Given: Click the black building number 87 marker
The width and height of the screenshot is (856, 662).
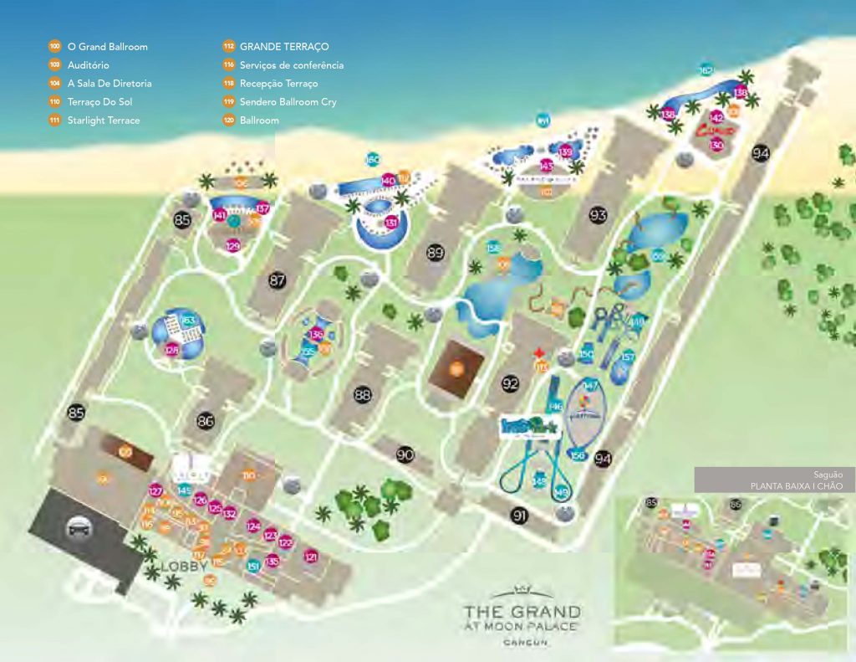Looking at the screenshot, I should point(278,281).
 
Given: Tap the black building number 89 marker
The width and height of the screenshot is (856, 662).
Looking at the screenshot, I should point(435,253).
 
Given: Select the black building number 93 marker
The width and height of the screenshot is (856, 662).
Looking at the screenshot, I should point(598,216).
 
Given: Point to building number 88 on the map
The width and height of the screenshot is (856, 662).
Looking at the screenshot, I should point(362,394).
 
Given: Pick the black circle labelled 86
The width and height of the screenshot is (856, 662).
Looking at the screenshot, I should point(206,421).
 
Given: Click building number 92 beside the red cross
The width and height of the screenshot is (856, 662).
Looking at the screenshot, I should point(511,384).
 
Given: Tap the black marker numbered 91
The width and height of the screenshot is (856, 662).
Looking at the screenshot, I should point(520,516).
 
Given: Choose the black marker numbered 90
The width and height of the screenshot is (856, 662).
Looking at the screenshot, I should point(405,454).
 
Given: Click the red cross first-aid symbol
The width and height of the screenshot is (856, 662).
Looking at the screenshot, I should point(540,353).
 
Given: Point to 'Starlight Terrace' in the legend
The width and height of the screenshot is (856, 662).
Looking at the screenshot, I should point(103,121).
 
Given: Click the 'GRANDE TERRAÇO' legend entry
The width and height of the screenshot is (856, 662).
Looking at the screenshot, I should point(283,46).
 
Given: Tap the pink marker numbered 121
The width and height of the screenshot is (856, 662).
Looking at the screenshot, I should point(311,557).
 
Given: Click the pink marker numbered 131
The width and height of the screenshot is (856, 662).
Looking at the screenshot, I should point(391,223).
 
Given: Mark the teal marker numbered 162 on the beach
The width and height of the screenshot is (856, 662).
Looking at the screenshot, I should point(706,71).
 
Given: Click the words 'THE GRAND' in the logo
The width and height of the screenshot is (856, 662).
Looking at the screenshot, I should point(522,612).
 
